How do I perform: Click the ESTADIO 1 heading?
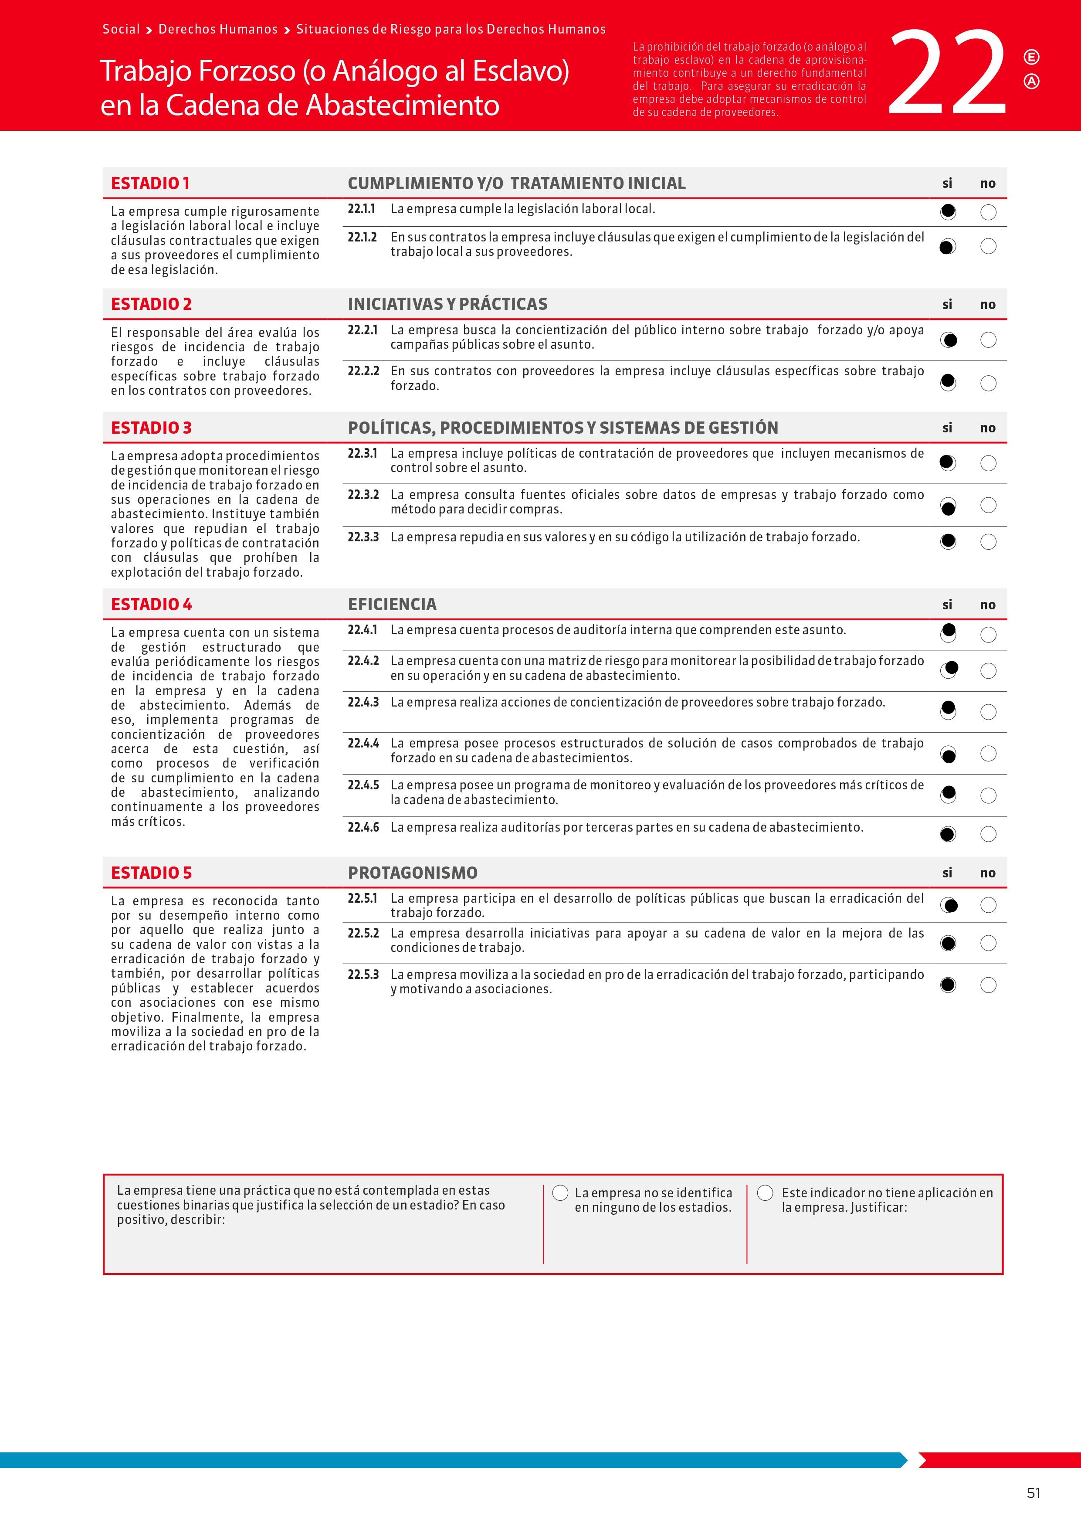(150, 183)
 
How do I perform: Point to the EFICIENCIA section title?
(392, 604)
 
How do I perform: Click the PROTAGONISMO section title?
(413, 873)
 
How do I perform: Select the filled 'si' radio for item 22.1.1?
(948, 212)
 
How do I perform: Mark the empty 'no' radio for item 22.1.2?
(989, 246)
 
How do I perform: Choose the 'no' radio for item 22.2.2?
(989, 383)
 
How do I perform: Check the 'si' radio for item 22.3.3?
(948, 541)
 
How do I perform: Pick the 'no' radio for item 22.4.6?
(989, 834)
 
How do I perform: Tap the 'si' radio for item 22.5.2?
(948, 943)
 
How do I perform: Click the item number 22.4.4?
(363, 743)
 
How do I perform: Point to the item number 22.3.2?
(363, 495)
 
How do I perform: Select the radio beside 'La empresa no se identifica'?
(560, 1193)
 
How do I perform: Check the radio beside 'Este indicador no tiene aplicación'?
(766, 1193)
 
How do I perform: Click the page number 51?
(1033, 1493)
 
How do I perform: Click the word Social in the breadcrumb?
(121, 29)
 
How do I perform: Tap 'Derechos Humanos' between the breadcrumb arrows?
(218, 29)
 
